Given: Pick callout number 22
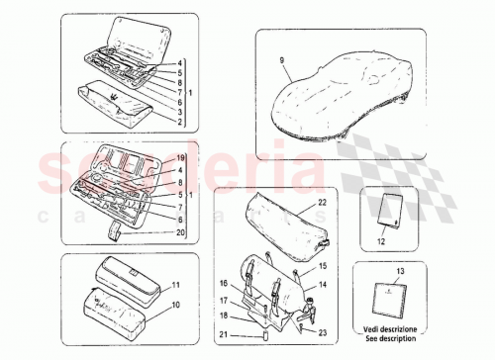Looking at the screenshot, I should pos(322,203).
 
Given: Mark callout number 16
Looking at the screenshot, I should pos(226,283).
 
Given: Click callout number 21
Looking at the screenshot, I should pos(226,333).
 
